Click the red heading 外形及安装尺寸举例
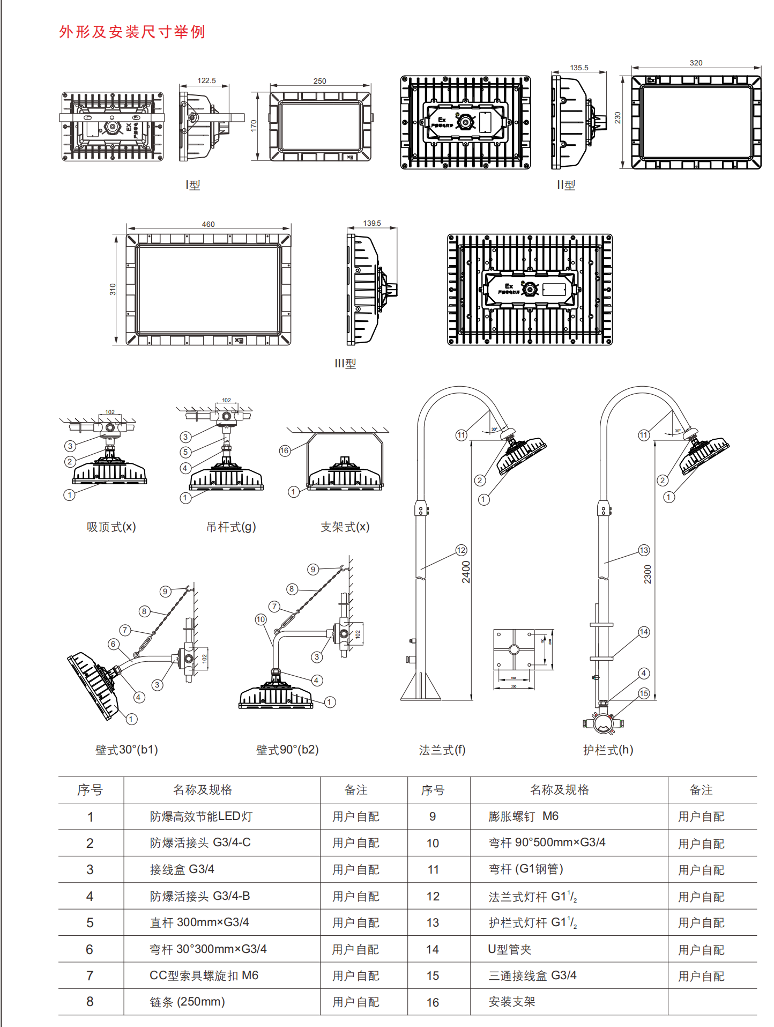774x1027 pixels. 132,32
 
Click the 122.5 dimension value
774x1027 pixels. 206,81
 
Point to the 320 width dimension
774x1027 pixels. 696,63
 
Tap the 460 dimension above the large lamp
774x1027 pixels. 208,224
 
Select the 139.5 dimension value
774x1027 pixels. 372,223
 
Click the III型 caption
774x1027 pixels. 345,364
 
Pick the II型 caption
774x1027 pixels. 566,185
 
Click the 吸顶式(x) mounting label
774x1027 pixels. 111,527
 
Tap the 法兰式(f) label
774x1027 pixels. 442,750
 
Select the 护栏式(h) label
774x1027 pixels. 608,750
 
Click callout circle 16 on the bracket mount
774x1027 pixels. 285,450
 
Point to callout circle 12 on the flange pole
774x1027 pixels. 461,550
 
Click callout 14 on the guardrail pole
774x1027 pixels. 644,632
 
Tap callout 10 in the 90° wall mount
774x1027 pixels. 261,619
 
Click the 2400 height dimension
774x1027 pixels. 466,572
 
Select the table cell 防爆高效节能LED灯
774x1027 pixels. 201,816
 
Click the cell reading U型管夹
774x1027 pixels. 509,949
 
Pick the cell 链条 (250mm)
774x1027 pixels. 187,1002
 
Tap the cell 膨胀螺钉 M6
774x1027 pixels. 523,816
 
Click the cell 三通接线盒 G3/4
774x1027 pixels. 532,976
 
